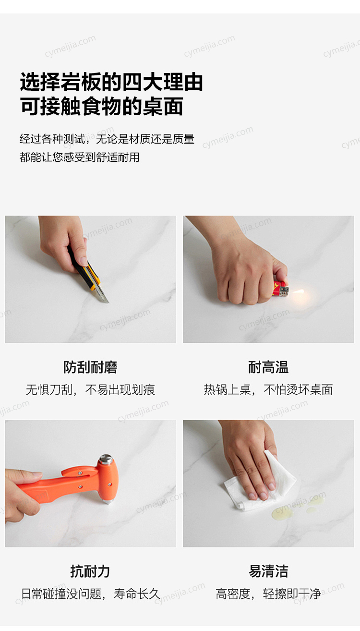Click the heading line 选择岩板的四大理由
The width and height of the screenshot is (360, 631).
pos(111,82)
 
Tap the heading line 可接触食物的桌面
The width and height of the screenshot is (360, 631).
pos(102,106)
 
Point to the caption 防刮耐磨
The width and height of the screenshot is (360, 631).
pos(90,367)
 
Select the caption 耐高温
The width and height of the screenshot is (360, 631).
pos(268,367)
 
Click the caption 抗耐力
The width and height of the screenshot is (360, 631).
pos(90,571)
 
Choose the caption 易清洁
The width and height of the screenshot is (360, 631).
pos(268,571)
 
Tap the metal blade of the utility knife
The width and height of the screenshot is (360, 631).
pos(103,294)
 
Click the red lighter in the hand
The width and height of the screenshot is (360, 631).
pos(280,289)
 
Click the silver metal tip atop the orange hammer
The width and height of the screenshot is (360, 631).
pos(106,459)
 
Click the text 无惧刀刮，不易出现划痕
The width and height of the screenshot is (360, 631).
pos(90,390)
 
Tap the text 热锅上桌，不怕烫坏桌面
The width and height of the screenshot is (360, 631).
pos(268,390)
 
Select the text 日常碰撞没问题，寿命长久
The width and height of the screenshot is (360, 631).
pos(91,594)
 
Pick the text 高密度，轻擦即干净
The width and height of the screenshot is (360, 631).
pos(268,594)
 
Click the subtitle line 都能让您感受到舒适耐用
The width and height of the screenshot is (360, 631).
pos(79,157)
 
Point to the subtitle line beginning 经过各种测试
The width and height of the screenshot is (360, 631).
pos(107,139)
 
